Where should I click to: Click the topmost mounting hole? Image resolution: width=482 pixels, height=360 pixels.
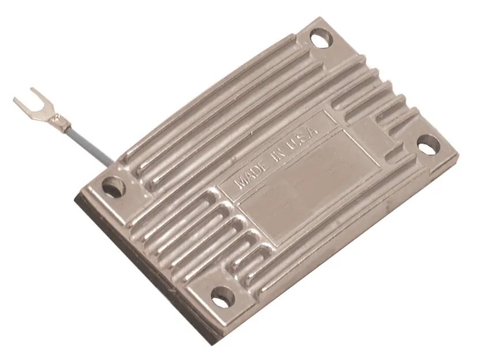(321, 38)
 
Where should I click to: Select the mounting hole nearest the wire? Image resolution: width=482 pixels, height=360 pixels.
(114, 186)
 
